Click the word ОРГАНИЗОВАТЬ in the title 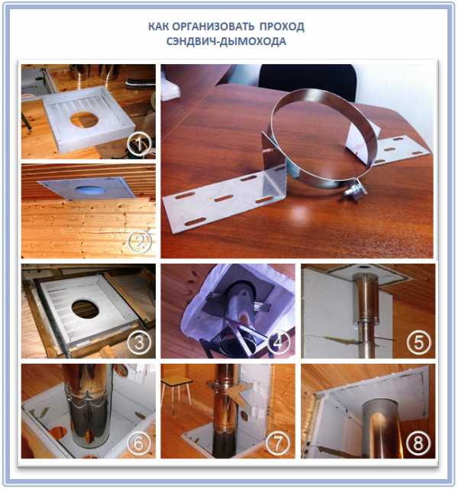(213, 27)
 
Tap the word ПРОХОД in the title (282, 27)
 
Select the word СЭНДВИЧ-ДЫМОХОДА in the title (226, 41)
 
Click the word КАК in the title (158, 27)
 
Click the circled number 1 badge (139, 144)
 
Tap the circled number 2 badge (140, 241)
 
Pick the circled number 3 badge (139, 342)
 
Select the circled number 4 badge (278, 342)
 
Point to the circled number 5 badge (419, 342)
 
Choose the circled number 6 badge (139, 443)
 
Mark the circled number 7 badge (278, 443)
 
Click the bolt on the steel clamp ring (355, 189)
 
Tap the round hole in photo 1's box (85, 120)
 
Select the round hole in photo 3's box (85, 309)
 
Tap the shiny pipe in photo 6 (89, 406)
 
